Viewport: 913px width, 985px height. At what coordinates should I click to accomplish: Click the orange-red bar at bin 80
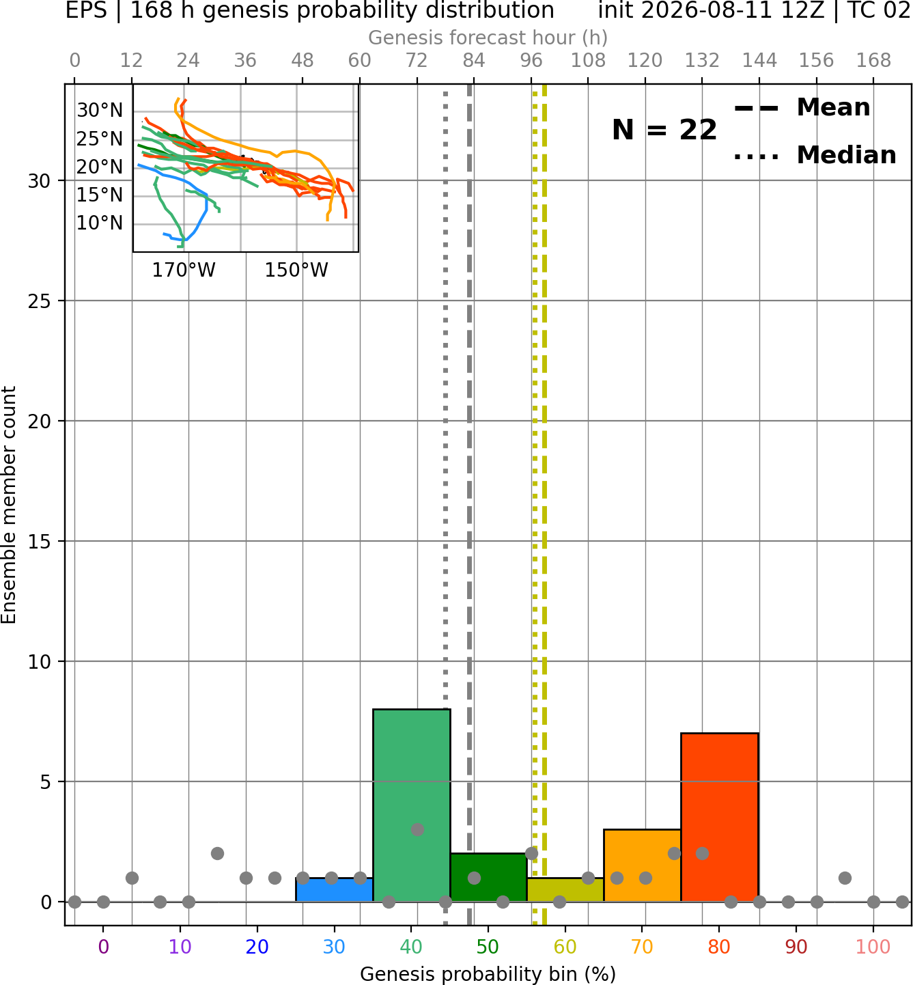coord(719,817)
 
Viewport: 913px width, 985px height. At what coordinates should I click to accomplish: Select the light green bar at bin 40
coord(411,805)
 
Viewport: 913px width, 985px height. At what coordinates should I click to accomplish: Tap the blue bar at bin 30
coord(334,889)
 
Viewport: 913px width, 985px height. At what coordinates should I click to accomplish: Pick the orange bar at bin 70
coord(642,865)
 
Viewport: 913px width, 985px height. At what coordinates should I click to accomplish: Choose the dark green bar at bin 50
coord(488,877)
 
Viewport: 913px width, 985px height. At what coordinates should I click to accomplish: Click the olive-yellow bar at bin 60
coord(565,889)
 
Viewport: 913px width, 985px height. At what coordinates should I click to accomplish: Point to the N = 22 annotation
coord(664,130)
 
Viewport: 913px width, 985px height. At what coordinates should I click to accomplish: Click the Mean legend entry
coord(802,108)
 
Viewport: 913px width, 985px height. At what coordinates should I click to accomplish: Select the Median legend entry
coord(815,155)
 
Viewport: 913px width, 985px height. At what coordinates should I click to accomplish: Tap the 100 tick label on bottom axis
coord(873,947)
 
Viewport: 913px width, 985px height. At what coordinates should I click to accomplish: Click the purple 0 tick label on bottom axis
coord(103,947)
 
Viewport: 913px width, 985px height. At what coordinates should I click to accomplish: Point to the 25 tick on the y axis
coord(40,301)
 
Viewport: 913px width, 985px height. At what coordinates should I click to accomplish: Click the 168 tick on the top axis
coord(873,61)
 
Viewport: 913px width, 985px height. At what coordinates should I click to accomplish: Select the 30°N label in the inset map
coord(100,110)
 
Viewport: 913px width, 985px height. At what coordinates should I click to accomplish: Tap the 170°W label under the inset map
coord(184,270)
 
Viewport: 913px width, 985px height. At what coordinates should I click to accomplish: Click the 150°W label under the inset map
coord(296,270)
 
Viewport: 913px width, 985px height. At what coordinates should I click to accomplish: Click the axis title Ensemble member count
coord(9,505)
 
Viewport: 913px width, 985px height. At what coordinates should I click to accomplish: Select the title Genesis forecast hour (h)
coord(488,38)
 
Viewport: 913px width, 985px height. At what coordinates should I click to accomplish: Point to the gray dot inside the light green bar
coord(417,829)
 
